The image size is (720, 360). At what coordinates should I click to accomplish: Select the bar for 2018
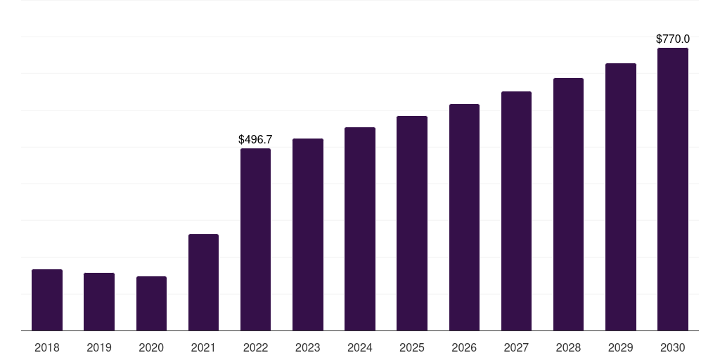point(47,300)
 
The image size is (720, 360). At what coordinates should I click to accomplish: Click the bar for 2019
point(99,302)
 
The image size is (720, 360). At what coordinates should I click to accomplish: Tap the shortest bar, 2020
point(152,304)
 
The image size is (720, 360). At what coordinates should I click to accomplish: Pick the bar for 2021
point(203,283)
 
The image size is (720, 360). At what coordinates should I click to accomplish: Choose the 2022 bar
point(255,239)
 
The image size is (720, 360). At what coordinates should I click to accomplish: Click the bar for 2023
point(308,235)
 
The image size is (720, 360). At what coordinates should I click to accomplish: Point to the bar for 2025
point(412,223)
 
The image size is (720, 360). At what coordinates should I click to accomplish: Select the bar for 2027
point(516,211)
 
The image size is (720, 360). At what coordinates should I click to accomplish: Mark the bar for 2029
point(621,197)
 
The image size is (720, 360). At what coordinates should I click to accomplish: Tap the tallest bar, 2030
point(673,189)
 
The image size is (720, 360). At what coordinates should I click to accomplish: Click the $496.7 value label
point(255,140)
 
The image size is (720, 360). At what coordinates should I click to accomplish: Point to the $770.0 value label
point(673,39)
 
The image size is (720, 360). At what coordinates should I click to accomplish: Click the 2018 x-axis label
point(47,347)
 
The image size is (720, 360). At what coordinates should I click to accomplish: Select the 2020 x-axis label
point(152,347)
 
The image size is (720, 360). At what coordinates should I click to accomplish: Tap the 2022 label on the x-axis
point(255,347)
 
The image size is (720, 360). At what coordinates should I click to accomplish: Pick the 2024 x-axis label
point(360,347)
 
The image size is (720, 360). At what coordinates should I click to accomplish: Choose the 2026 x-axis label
point(464,347)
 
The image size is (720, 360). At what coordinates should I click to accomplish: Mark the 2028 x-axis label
point(568,347)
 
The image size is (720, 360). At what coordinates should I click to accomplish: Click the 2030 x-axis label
point(673,347)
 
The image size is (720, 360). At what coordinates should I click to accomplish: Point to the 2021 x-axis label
point(203,347)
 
